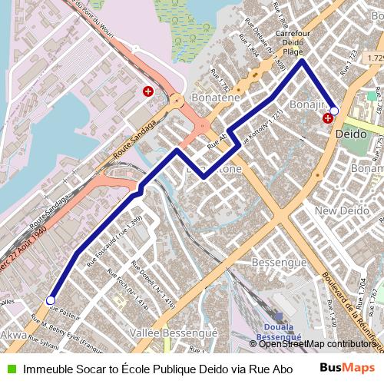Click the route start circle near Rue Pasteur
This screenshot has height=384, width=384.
(51, 300)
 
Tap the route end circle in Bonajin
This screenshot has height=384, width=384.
(334, 111)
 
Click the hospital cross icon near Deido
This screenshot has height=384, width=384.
(328, 118)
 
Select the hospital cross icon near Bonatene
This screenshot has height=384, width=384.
(147, 91)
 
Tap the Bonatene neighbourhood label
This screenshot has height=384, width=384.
(216, 99)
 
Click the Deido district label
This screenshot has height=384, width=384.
(353, 133)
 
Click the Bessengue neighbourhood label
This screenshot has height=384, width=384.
(280, 263)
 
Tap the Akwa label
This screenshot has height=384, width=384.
(13, 336)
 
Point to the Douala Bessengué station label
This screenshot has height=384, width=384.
(278, 331)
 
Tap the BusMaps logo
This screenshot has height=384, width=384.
(347, 369)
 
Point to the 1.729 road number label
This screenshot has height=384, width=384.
(374, 58)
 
